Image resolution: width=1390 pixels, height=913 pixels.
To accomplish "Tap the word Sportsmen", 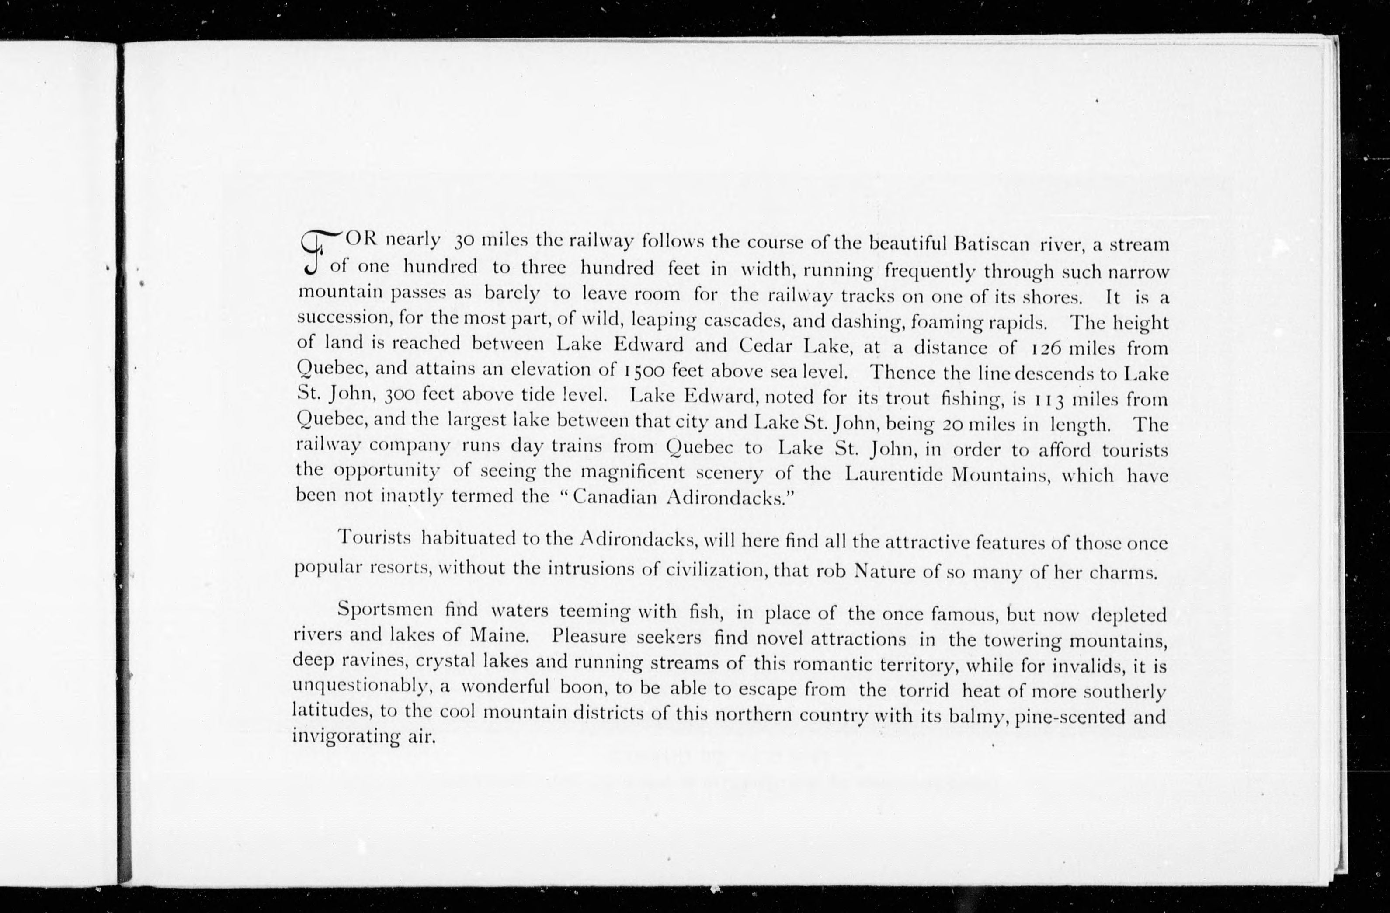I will (385, 610).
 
